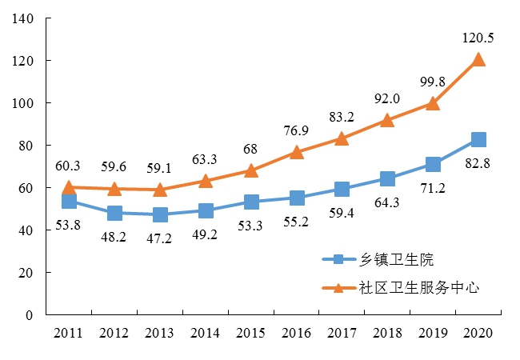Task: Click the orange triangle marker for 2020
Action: [x=478, y=60]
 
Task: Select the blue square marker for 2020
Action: [x=478, y=140]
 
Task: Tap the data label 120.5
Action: [x=477, y=38]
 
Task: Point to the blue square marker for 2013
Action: [x=160, y=215]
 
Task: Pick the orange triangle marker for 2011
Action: [x=69, y=187]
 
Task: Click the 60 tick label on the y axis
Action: [x=26, y=188]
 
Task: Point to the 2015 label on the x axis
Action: [x=250, y=333]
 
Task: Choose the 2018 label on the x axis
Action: [x=387, y=333]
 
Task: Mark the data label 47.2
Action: [x=160, y=239]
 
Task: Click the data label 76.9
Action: [x=296, y=130]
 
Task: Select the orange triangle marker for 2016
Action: [x=296, y=152]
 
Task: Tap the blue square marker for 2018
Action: [x=387, y=178]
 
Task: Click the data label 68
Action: [x=250, y=149]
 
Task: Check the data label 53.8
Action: [x=69, y=226]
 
